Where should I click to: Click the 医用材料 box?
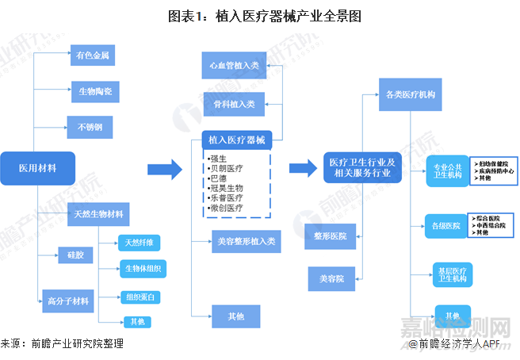coord(37,169)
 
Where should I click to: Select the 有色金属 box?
coord(93,56)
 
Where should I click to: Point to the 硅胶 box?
coord(70,255)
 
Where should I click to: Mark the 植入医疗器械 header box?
coord(236,140)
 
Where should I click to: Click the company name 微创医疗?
coord(227,208)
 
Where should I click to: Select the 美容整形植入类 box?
coord(245,241)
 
